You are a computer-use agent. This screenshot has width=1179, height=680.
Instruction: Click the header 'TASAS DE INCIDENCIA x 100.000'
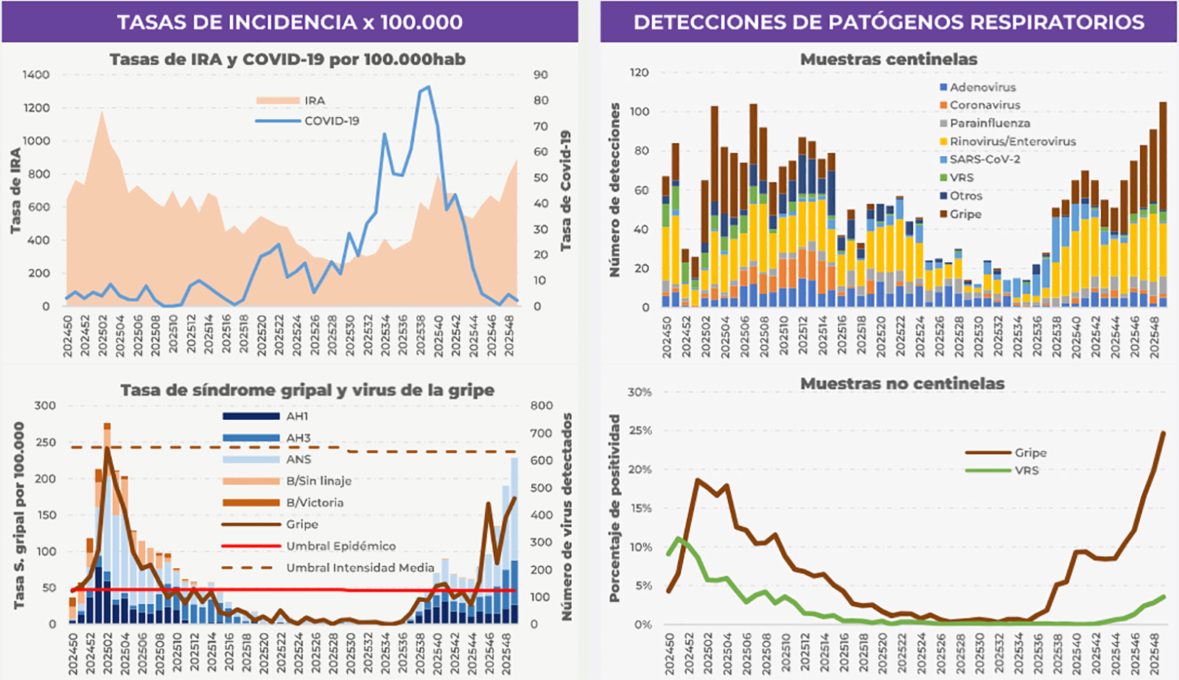pos(290,22)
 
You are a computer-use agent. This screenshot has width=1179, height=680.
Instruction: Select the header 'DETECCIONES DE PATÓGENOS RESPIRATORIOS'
pos(889,22)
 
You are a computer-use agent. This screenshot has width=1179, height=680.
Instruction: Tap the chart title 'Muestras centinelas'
pos(889,60)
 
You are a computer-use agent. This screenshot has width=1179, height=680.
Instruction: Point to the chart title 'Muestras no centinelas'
pos(902,384)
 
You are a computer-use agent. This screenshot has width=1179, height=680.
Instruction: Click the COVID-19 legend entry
pos(332,121)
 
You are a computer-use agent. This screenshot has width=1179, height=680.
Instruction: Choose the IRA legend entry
pos(315,100)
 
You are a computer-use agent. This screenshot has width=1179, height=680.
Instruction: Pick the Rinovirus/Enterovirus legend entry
pos(1012,141)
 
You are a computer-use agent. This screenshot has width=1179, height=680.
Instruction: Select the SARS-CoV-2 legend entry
pos(984,159)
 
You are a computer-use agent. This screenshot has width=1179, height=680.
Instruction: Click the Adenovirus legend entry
pos(982,87)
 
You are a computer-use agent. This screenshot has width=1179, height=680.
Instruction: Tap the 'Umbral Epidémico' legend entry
pos(340,546)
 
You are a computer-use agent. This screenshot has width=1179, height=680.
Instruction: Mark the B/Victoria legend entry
pos(315,502)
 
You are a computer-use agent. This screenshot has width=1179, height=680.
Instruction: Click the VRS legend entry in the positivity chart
pos(1026,471)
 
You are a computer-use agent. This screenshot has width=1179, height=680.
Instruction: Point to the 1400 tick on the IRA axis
pos(36,74)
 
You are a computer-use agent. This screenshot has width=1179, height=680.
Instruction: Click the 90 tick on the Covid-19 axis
pos(541,74)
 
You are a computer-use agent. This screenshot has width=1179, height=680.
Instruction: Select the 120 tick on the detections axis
pos(640,72)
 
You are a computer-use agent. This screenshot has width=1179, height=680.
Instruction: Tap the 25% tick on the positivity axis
pos(640,430)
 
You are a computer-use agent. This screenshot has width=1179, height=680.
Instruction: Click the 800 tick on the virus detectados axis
pos(542,405)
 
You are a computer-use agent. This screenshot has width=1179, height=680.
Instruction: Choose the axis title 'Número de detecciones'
pos(615,190)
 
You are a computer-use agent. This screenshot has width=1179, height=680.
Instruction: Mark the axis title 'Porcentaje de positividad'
pos(615,508)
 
